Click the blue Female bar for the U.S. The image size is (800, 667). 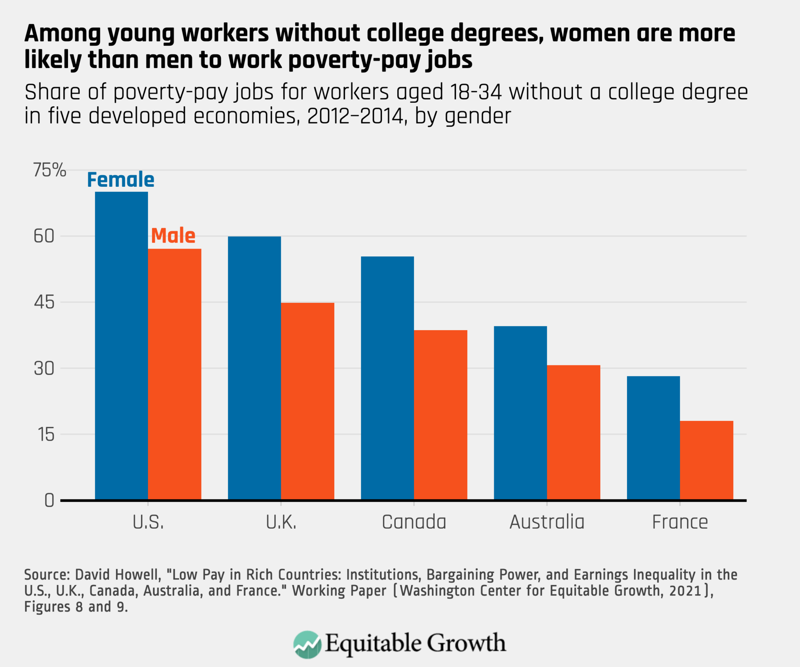121,345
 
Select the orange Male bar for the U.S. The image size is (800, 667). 175,374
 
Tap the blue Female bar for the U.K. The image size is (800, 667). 254,368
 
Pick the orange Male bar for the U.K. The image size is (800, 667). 307,401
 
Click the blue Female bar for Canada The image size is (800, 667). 387,378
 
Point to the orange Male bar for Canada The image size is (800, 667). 441,415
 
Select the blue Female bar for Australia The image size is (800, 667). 520,413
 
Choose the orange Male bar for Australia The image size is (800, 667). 573,432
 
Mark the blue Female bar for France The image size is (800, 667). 653,438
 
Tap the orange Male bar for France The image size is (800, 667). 706,460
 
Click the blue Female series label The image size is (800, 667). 121,180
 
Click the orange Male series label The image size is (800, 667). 173,236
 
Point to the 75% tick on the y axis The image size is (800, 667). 50,170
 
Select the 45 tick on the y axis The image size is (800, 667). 44,302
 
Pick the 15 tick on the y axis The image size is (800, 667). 46,435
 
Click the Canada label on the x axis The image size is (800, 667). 414,522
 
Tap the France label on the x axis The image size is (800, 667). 680,522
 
